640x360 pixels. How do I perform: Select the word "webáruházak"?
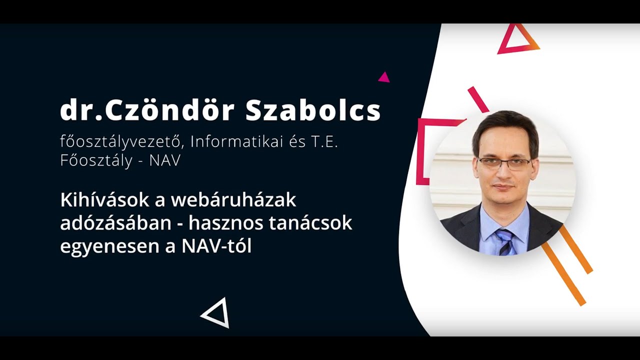(233, 200)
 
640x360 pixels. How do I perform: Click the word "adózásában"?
(115, 223)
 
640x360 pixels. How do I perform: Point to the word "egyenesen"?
(105, 246)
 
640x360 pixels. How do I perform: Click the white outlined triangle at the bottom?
(217, 313)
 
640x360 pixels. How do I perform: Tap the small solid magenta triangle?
(384, 77)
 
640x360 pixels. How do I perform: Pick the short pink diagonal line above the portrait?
(478, 99)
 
